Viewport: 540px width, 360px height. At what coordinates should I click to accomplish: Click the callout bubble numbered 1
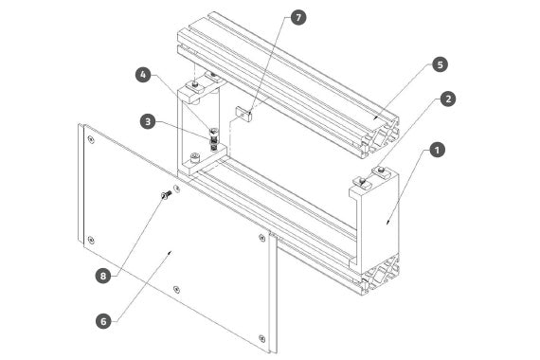coord(437,151)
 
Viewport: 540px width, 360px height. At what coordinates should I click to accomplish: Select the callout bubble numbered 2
coord(448,99)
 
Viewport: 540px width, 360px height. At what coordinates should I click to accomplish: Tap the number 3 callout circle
coord(148,121)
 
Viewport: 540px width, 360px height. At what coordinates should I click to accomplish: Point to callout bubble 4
coord(143,75)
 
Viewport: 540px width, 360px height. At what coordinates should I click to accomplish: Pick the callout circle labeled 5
coord(441,64)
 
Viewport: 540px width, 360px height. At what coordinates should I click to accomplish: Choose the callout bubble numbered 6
coord(103,321)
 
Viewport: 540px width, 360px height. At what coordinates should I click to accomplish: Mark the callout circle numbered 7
coord(298,17)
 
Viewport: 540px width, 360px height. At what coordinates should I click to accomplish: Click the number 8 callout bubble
coord(103,276)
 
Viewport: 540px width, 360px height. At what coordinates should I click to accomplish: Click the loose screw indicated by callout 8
coord(167,194)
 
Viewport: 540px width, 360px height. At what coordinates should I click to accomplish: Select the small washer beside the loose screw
coord(177,189)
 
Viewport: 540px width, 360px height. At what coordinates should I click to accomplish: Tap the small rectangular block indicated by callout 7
coord(243,114)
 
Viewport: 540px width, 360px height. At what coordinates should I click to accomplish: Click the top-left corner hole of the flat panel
coord(91,139)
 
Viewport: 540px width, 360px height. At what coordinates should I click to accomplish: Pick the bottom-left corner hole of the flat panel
coord(91,240)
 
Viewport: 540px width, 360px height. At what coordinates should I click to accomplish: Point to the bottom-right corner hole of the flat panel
coord(261,338)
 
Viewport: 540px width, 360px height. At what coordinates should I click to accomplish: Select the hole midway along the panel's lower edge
coord(176,289)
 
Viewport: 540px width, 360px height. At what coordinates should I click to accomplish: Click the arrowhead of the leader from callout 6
coord(169,253)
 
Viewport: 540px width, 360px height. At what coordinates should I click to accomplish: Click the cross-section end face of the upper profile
coord(381,137)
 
